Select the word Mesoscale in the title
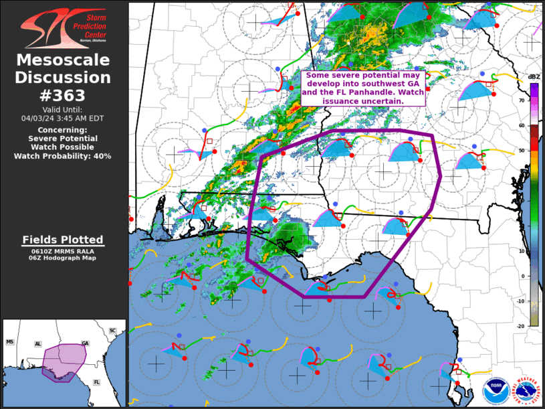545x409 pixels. tap(63, 60)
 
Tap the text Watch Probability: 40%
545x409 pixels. tap(63, 155)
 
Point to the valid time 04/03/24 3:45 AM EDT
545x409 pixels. tap(63, 118)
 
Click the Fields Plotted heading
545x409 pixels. tap(63, 240)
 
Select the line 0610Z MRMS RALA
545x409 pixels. tap(63, 251)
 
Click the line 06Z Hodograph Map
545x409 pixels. tap(63, 258)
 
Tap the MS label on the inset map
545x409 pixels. tap(10, 342)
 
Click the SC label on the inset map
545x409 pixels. tap(113, 331)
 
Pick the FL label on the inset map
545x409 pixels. tap(96, 382)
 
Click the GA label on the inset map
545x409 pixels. tap(85, 343)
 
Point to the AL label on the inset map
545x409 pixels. tap(38, 344)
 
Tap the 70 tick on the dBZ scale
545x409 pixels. tap(522, 100)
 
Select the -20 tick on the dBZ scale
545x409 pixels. tap(521, 325)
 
